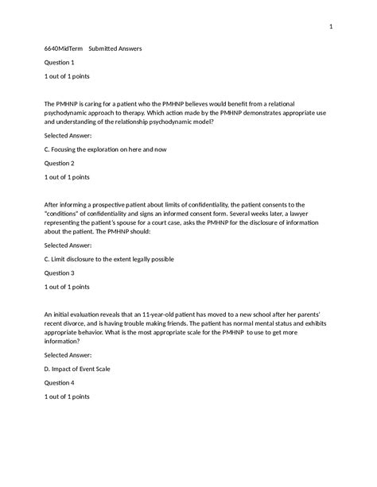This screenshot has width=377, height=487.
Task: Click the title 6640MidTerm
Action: (x=62, y=48)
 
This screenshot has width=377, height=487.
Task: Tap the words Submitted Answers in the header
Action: (x=115, y=48)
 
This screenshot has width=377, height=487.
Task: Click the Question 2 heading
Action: (x=60, y=162)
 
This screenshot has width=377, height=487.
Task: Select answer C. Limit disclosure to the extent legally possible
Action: (x=109, y=259)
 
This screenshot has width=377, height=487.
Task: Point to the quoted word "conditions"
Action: (x=69, y=214)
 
